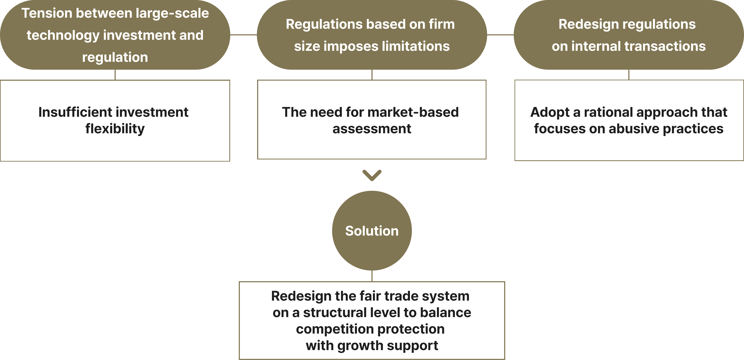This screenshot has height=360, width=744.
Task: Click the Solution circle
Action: [372, 231]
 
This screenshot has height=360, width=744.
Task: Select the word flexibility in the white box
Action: [115, 129]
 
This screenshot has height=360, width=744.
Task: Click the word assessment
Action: [372, 129]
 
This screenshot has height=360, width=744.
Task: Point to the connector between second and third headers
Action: [500, 35]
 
